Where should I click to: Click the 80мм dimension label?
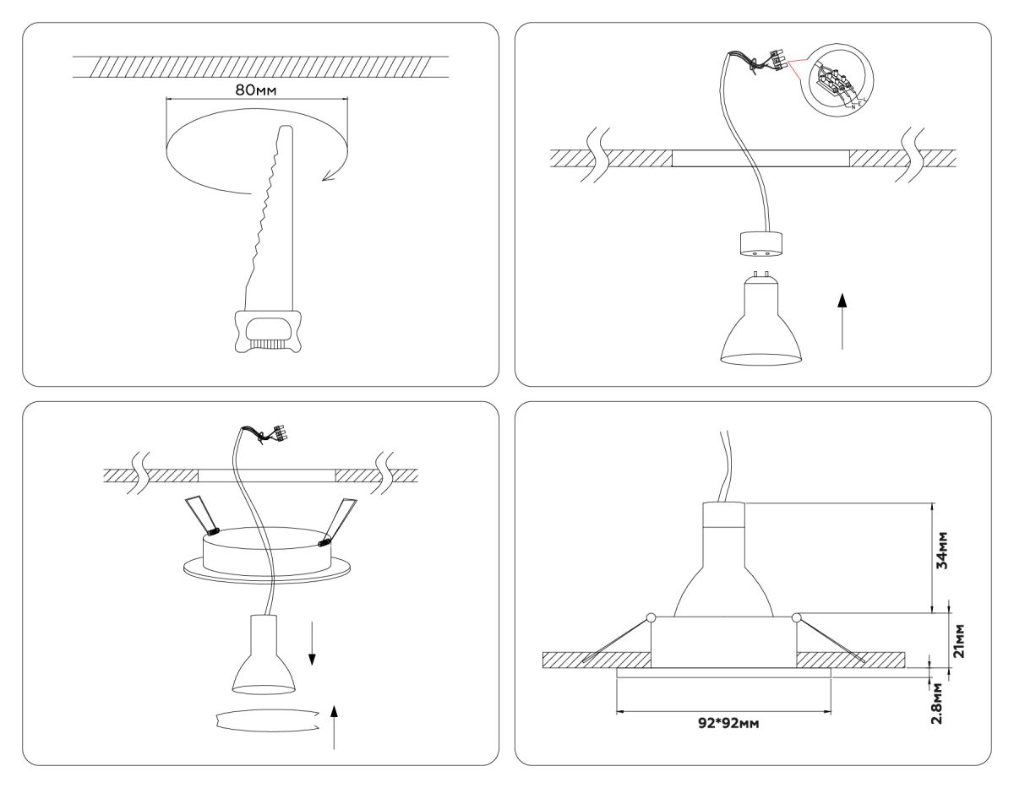click(256, 89)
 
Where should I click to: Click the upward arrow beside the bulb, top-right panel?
click(842, 321)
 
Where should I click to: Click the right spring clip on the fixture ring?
click(337, 519)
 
